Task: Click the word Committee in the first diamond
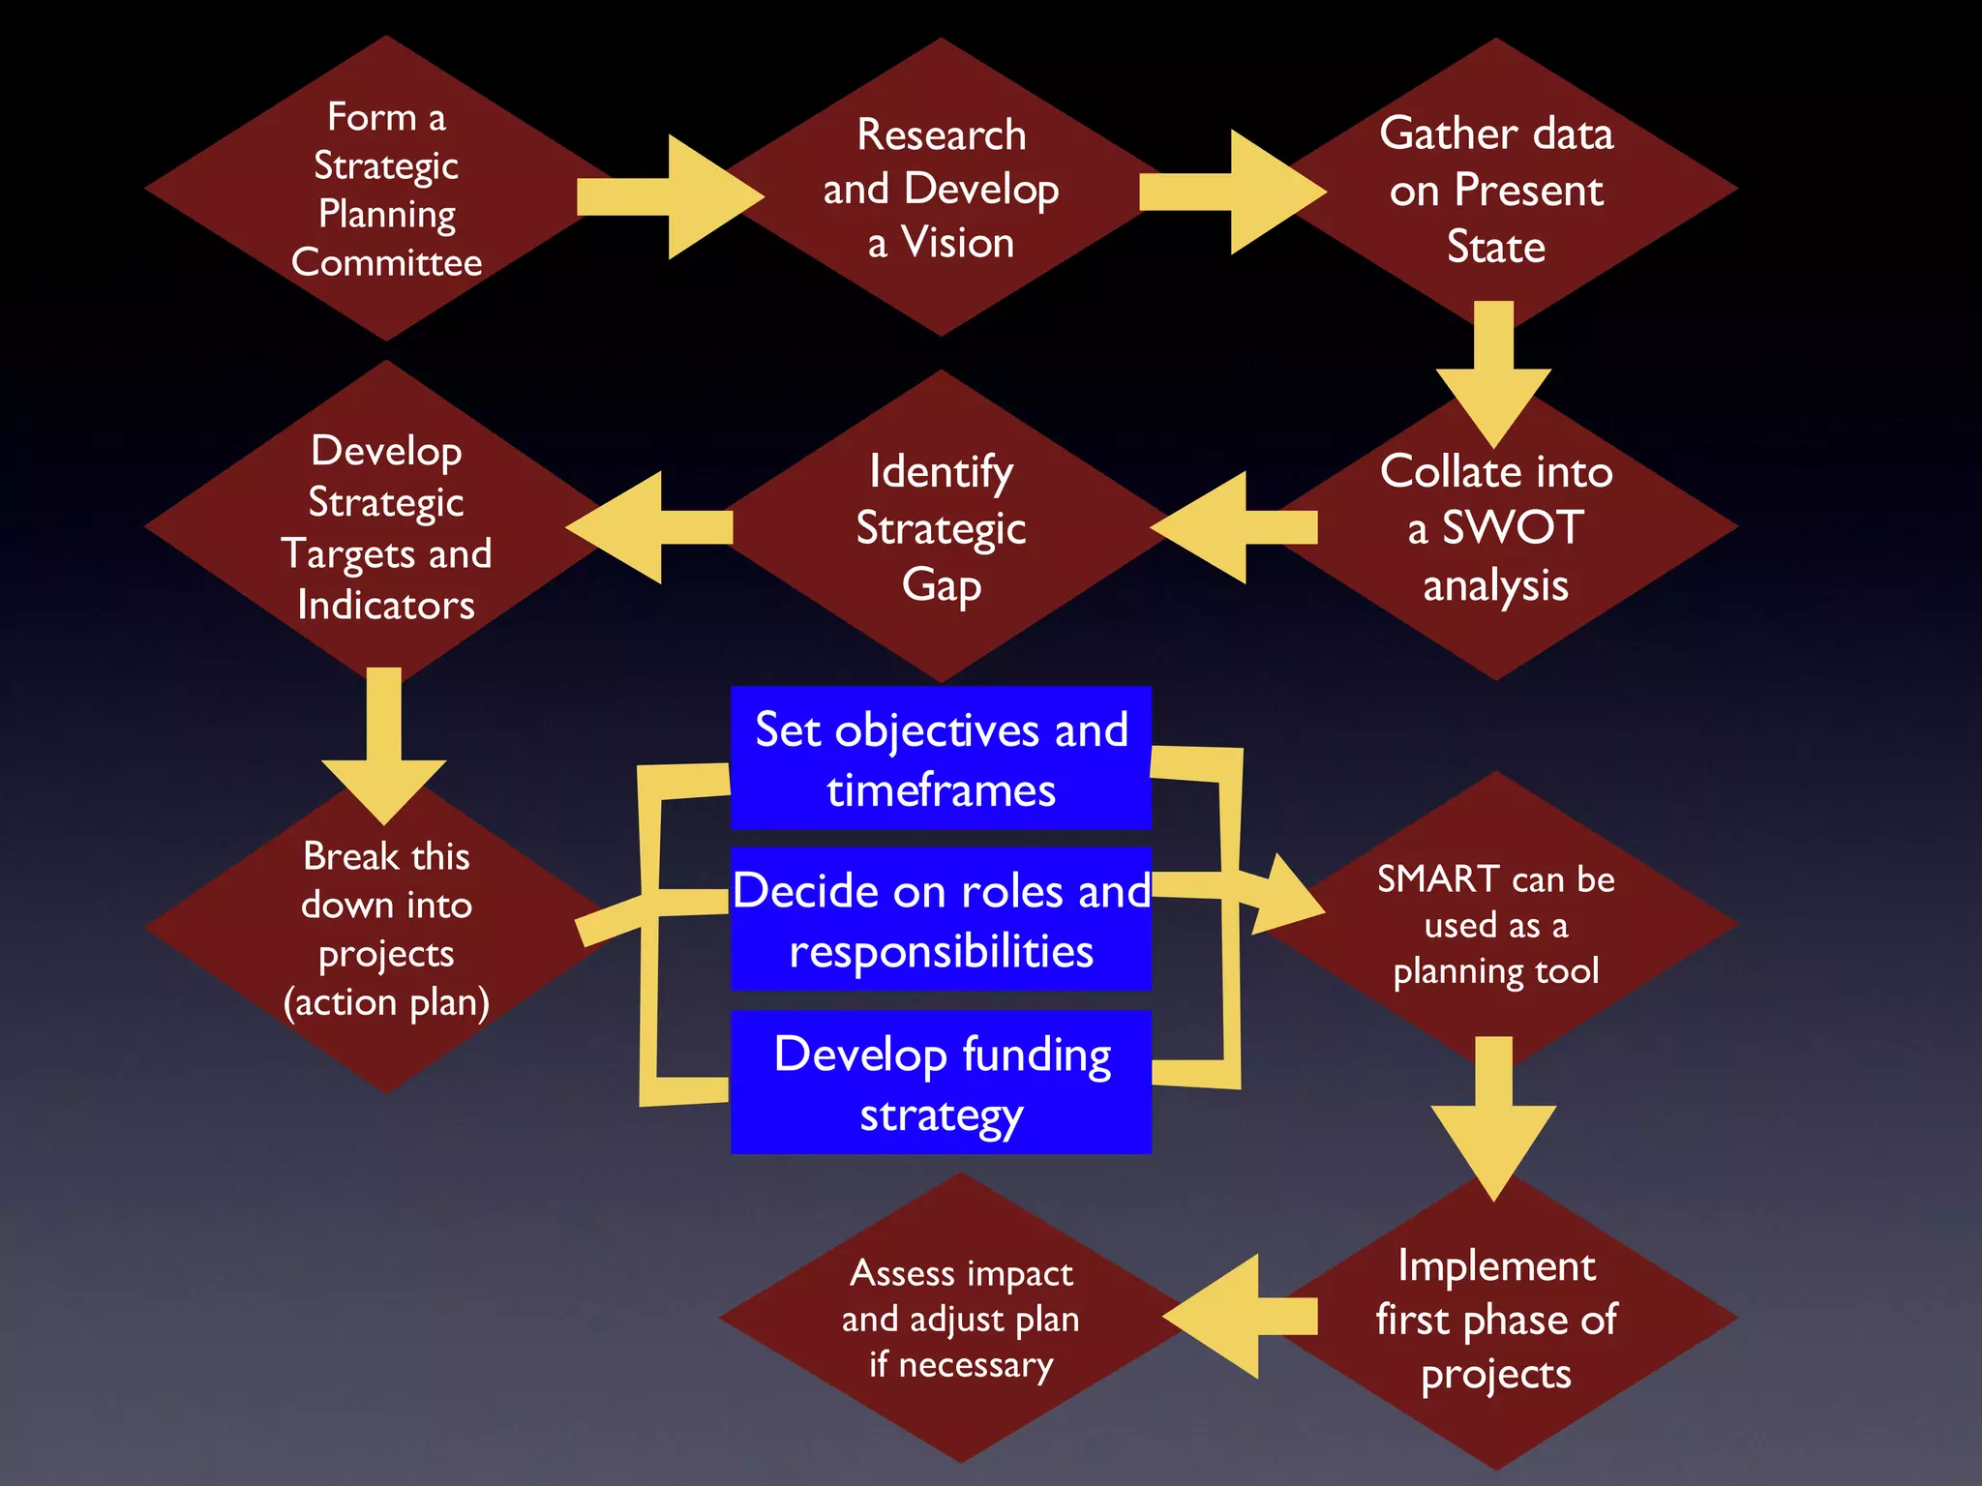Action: (386, 262)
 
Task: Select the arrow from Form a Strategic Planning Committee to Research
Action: (668, 197)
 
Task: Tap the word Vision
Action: (957, 243)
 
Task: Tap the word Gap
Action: (941, 586)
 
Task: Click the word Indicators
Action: (386, 606)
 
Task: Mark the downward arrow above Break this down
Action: (384, 745)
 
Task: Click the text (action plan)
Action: (386, 1002)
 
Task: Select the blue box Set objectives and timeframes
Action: (941, 758)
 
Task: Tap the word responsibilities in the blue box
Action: (941, 952)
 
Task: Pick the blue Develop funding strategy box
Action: (941, 1083)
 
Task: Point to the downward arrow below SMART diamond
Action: (1493, 1117)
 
